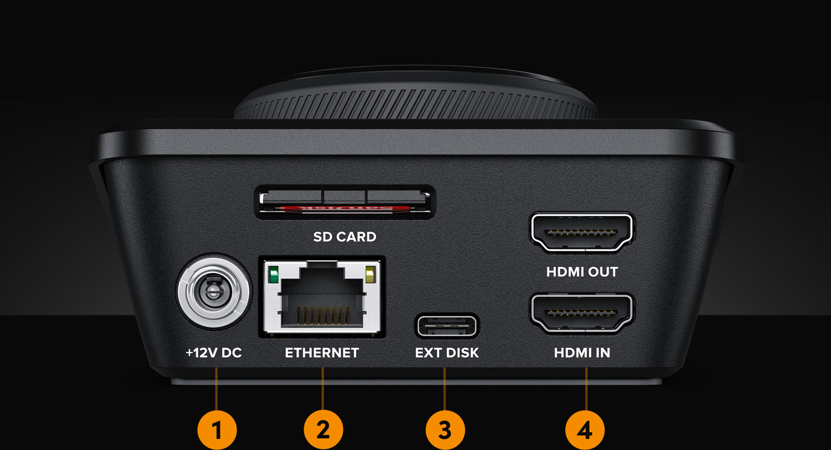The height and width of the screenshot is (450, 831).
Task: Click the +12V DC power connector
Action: tap(214, 292)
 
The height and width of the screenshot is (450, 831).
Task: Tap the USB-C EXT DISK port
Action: tap(447, 326)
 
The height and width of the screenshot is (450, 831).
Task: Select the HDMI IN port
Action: tap(583, 314)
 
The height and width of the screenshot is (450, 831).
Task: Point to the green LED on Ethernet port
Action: tap(273, 274)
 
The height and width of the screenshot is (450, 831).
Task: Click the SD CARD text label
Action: tap(345, 237)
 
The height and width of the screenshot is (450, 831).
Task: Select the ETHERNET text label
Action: tap(322, 353)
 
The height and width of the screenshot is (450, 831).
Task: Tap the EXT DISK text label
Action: tap(447, 353)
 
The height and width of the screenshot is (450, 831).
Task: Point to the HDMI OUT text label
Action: tap(582, 272)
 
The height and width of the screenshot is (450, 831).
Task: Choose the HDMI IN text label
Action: tap(582, 353)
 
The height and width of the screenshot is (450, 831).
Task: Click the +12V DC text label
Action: tap(214, 353)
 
